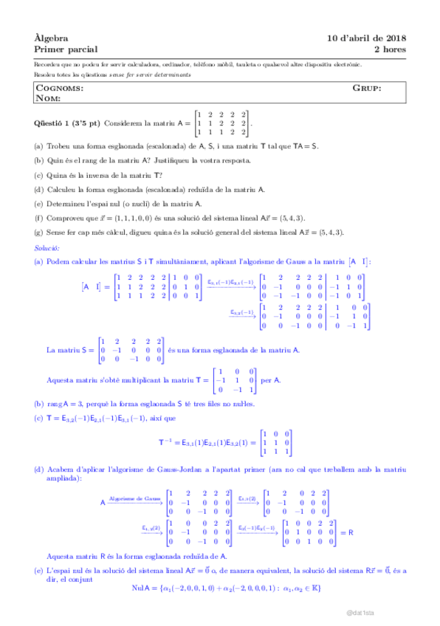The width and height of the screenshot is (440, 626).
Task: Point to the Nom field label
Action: (48, 97)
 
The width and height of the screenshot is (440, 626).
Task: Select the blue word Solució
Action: (47, 249)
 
